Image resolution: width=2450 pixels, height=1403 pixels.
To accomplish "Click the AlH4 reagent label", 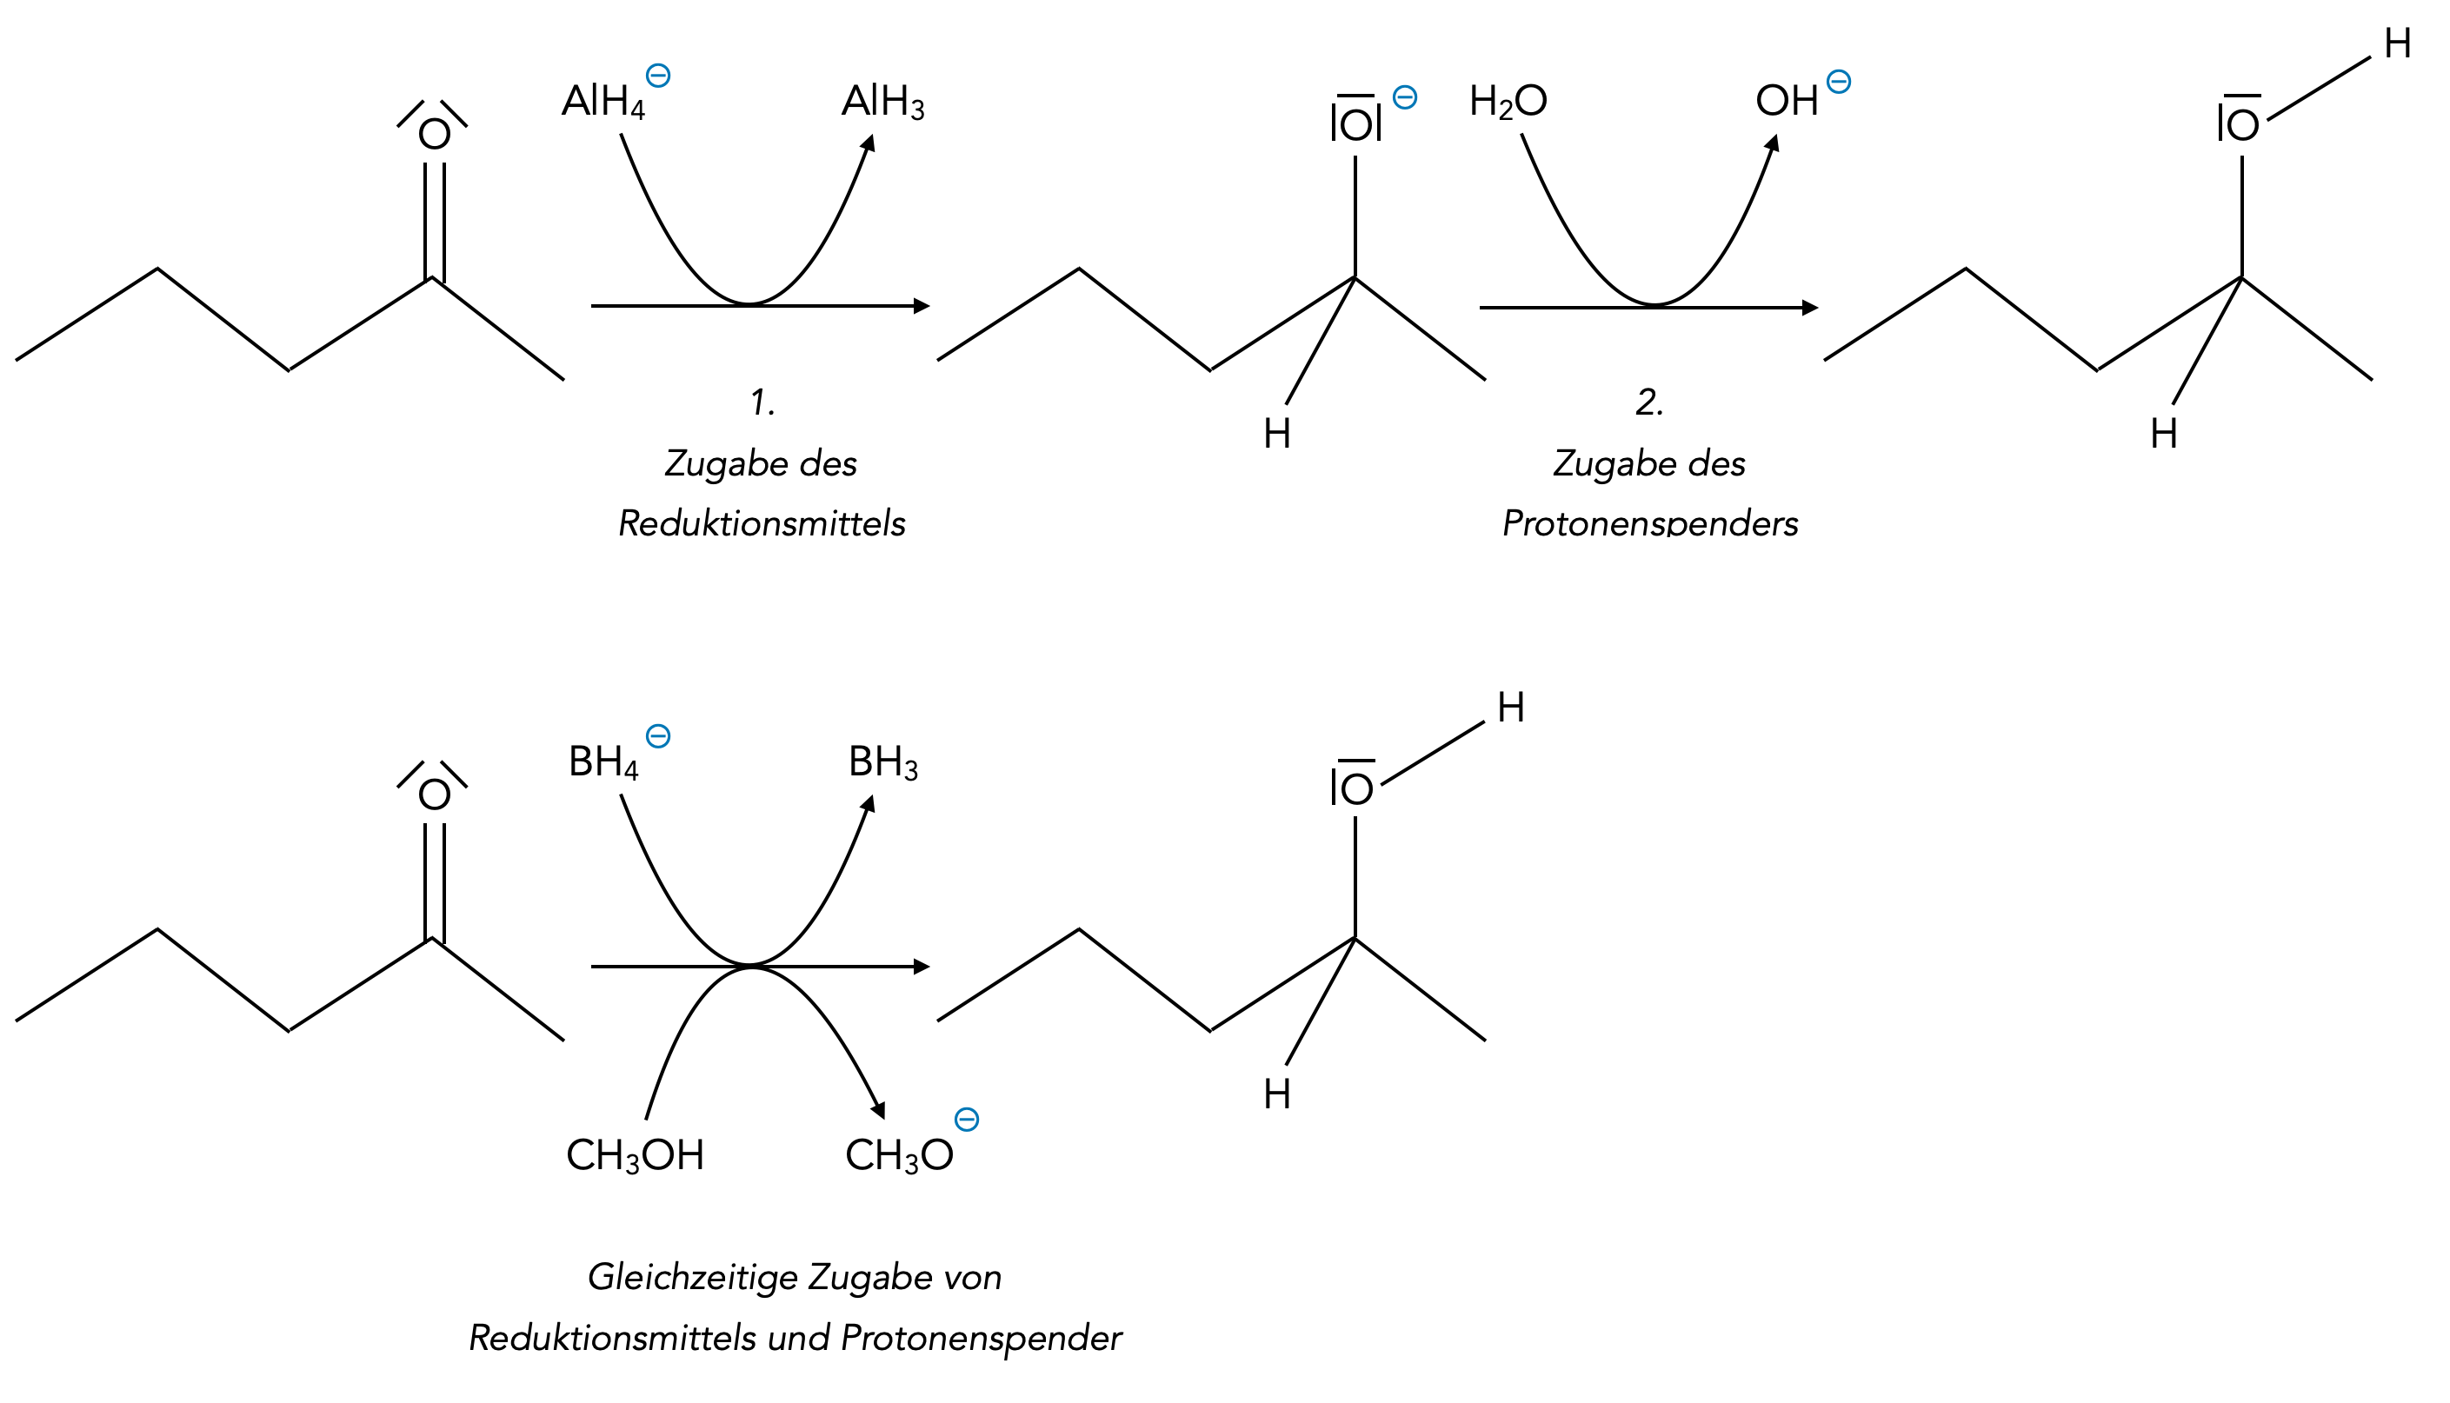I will coord(603,101).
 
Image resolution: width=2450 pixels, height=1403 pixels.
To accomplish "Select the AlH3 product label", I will coord(882,101).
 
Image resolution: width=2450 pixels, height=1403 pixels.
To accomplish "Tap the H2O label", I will coord(1508,101).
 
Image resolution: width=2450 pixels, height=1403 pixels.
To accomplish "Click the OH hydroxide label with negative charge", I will coord(1788,101).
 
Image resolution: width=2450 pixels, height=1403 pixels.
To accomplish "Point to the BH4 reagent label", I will coord(603,762).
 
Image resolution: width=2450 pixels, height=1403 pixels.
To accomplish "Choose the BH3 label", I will coord(882,762).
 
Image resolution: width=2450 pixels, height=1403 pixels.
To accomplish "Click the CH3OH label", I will coord(635,1155).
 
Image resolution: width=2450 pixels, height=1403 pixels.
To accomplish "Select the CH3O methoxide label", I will coord(899,1155).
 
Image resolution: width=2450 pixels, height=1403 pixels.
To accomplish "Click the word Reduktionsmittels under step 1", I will coord(761,523).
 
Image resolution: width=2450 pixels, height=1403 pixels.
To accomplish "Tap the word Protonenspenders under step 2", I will coord(1649,523).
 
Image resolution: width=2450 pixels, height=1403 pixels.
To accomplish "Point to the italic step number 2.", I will coord(1649,402).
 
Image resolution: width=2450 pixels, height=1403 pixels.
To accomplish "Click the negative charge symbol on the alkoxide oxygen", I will coord(1405,97).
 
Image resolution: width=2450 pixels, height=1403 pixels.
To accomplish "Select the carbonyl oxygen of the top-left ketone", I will coord(435,134).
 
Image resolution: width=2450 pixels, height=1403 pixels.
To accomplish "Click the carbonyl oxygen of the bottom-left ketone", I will coord(435,795).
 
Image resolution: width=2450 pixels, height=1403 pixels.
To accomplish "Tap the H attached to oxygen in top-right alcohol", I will coord(2397,44).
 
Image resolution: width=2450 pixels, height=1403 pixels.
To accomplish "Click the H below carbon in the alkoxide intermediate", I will coord(1276,435).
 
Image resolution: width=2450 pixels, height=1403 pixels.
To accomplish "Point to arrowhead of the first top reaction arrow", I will coord(921,307).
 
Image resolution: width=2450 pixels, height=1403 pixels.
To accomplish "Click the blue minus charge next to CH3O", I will coord(966,1120).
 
